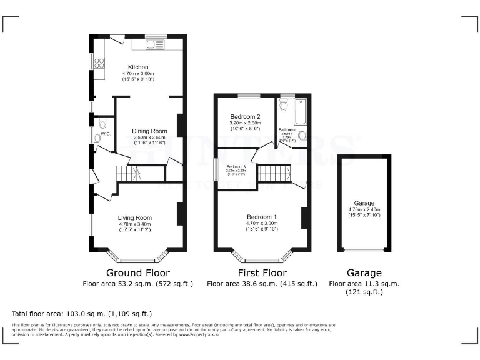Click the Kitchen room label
(137, 67)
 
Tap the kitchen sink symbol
(153, 44)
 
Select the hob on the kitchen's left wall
(99, 61)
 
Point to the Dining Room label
(149, 131)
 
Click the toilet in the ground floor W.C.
(97, 137)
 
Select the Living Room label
(135, 218)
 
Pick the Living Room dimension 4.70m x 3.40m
(135, 224)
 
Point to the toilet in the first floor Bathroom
(284, 106)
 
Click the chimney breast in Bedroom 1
(305, 217)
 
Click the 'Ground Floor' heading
(137, 273)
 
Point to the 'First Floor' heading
(262, 273)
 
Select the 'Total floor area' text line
(82, 314)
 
